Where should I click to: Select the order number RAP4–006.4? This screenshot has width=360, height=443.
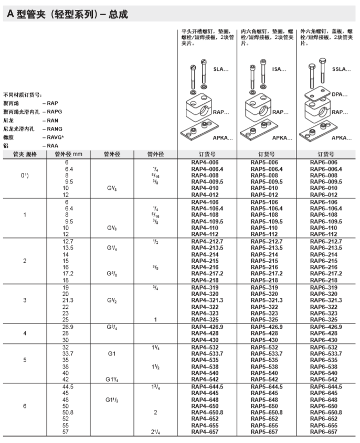[x=207, y=169]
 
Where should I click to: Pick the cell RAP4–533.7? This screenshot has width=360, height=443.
[x=207, y=354]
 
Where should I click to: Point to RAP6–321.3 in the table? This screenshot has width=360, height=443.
[x=326, y=300]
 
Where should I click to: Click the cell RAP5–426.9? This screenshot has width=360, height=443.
[x=267, y=327]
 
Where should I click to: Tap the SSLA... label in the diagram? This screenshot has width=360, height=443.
[x=341, y=70]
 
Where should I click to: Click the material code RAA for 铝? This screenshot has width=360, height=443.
[x=53, y=145]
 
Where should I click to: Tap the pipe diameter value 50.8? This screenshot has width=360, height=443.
[x=66, y=412]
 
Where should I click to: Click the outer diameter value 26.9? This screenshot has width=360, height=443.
[x=66, y=327]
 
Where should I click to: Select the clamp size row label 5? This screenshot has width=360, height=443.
[x=24, y=361]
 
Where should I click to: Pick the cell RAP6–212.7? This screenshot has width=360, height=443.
[x=326, y=241]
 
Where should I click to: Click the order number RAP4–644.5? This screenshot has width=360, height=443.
[x=207, y=387]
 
